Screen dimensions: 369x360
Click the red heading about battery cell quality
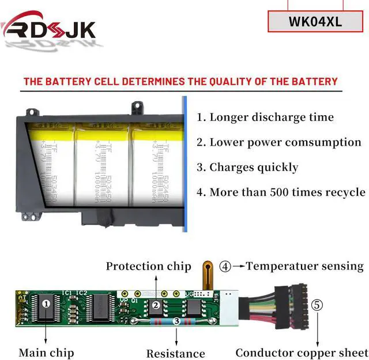click(180, 81)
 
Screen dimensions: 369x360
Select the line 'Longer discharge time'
click(265, 118)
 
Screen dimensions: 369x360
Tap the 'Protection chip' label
click(148, 266)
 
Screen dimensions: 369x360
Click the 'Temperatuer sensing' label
click(304, 266)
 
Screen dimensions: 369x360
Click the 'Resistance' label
click(175, 353)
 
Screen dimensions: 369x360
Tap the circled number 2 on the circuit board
click(155, 305)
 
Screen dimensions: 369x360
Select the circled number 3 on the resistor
click(176, 322)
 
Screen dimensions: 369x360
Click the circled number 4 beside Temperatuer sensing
click(225, 266)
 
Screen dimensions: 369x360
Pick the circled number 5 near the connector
click(317, 305)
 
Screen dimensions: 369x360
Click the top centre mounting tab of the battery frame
click(137, 106)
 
